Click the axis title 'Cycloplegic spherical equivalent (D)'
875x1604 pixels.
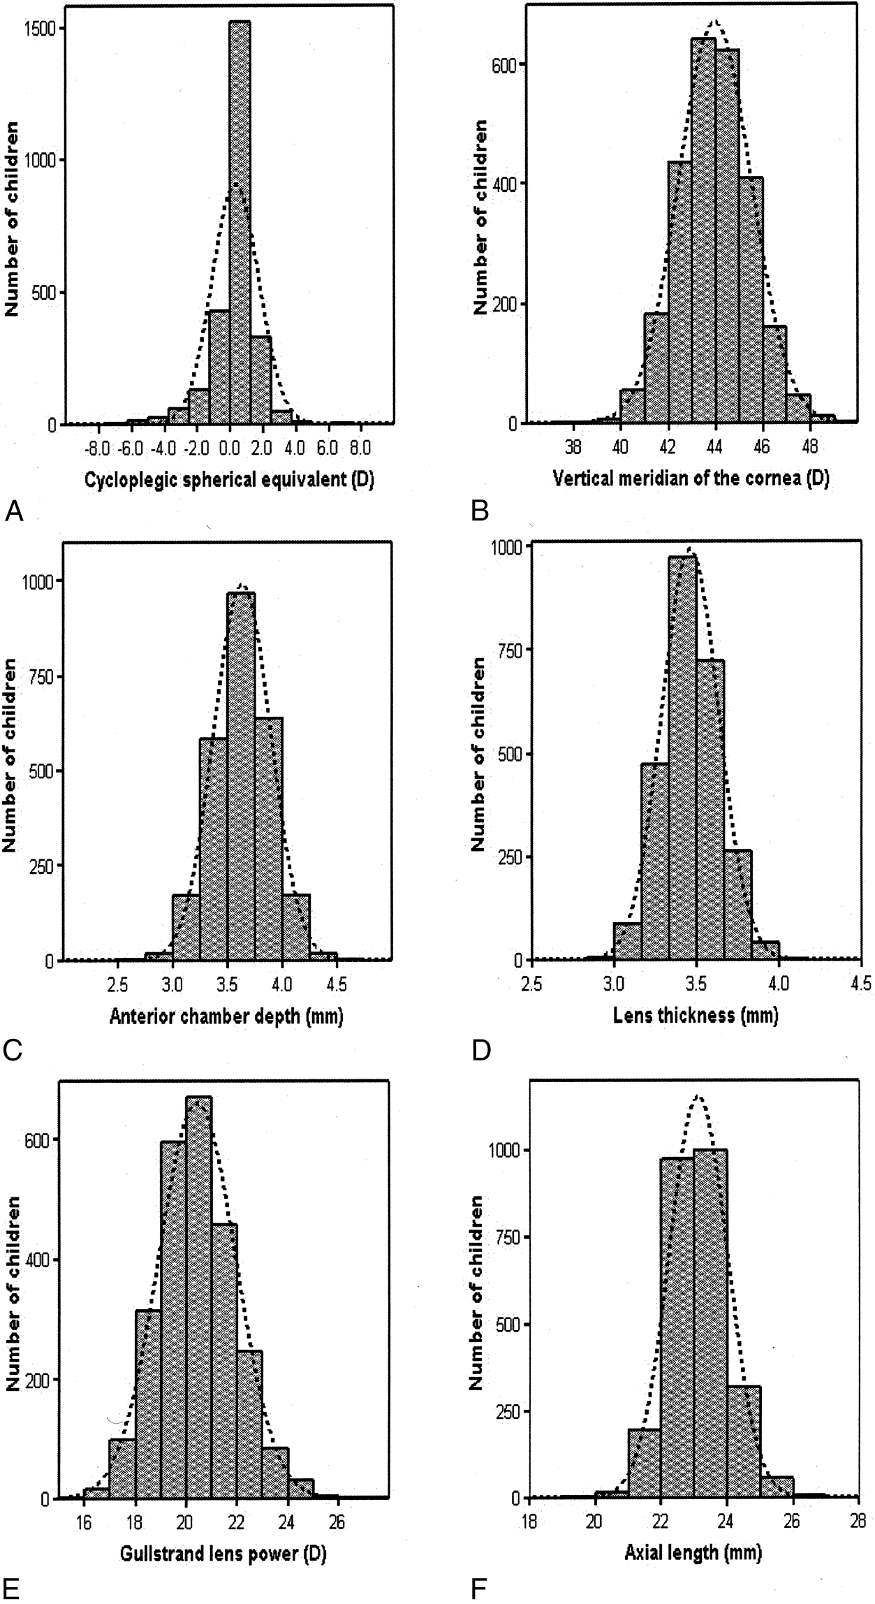229,481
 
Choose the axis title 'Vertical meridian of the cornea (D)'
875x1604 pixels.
691,480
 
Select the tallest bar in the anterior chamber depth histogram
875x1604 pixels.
241,776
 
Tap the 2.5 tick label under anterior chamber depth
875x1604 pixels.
118,984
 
